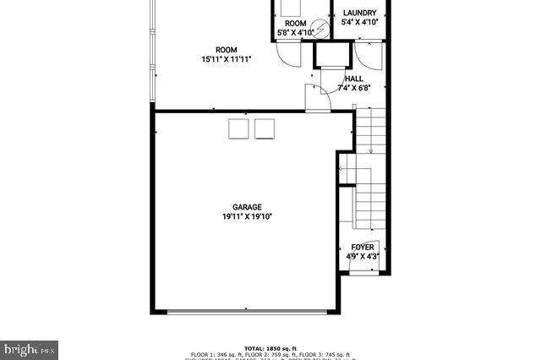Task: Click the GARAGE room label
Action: click(x=247, y=207)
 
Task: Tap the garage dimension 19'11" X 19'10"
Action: click(x=247, y=216)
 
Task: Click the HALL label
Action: click(x=353, y=78)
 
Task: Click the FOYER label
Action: click(x=363, y=248)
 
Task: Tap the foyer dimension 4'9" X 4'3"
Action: click(x=362, y=257)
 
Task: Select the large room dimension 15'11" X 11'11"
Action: click(x=226, y=59)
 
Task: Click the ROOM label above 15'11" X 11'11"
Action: click(x=226, y=50)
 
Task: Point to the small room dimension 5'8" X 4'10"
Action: click(x=295, y=33)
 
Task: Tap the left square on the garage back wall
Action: click(x=238, y=128)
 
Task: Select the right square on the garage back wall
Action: click(x=265, y=128)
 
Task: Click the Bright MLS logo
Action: click(x=30, y=348)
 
